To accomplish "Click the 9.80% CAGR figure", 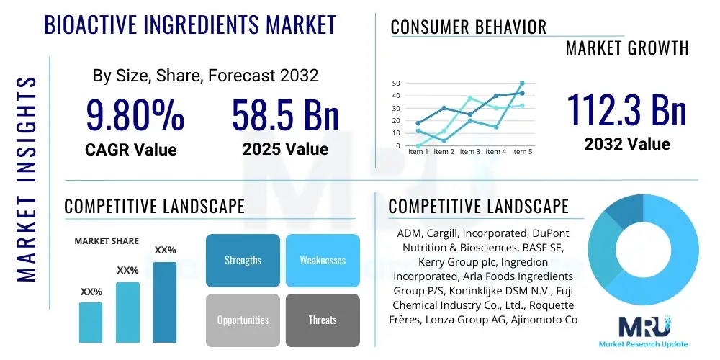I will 135,115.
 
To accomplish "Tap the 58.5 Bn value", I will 285,115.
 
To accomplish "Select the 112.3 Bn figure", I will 626,109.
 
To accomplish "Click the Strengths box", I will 243,260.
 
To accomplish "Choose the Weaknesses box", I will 323,260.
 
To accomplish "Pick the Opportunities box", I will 243,320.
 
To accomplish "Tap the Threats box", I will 323,320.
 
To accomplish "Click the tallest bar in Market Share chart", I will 165,302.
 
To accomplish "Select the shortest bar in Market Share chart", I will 91,322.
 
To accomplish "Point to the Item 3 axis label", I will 470,152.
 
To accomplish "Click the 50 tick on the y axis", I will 396,84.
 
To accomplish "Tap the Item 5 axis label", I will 522,152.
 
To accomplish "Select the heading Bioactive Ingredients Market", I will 190,25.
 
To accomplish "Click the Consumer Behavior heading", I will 468,27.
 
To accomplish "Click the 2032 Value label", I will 626,144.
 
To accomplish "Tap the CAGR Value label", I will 130,149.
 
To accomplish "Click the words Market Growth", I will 626,48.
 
